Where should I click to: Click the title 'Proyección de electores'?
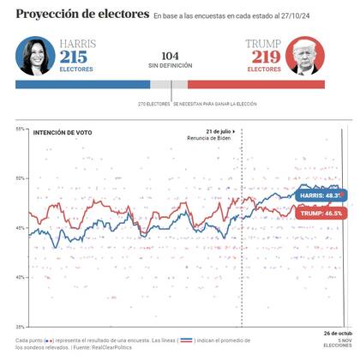pyautogui.click(x=80, y=15)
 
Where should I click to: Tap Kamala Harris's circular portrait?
pyautogui.click(x=35, y=56)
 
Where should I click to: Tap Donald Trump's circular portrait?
pyautogui.click(x=305, y=56)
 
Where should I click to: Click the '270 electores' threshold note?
pyautogui.click(x=154, y=104)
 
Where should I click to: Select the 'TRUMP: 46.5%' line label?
pyautogui.click(x=321, y=212)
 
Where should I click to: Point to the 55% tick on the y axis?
pyautogui.click(x=21, y=129)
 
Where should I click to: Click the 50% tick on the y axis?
pyautogui.click(x=21, y=177)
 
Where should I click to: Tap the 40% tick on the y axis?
pyautogui.click(x=21, y=277)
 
